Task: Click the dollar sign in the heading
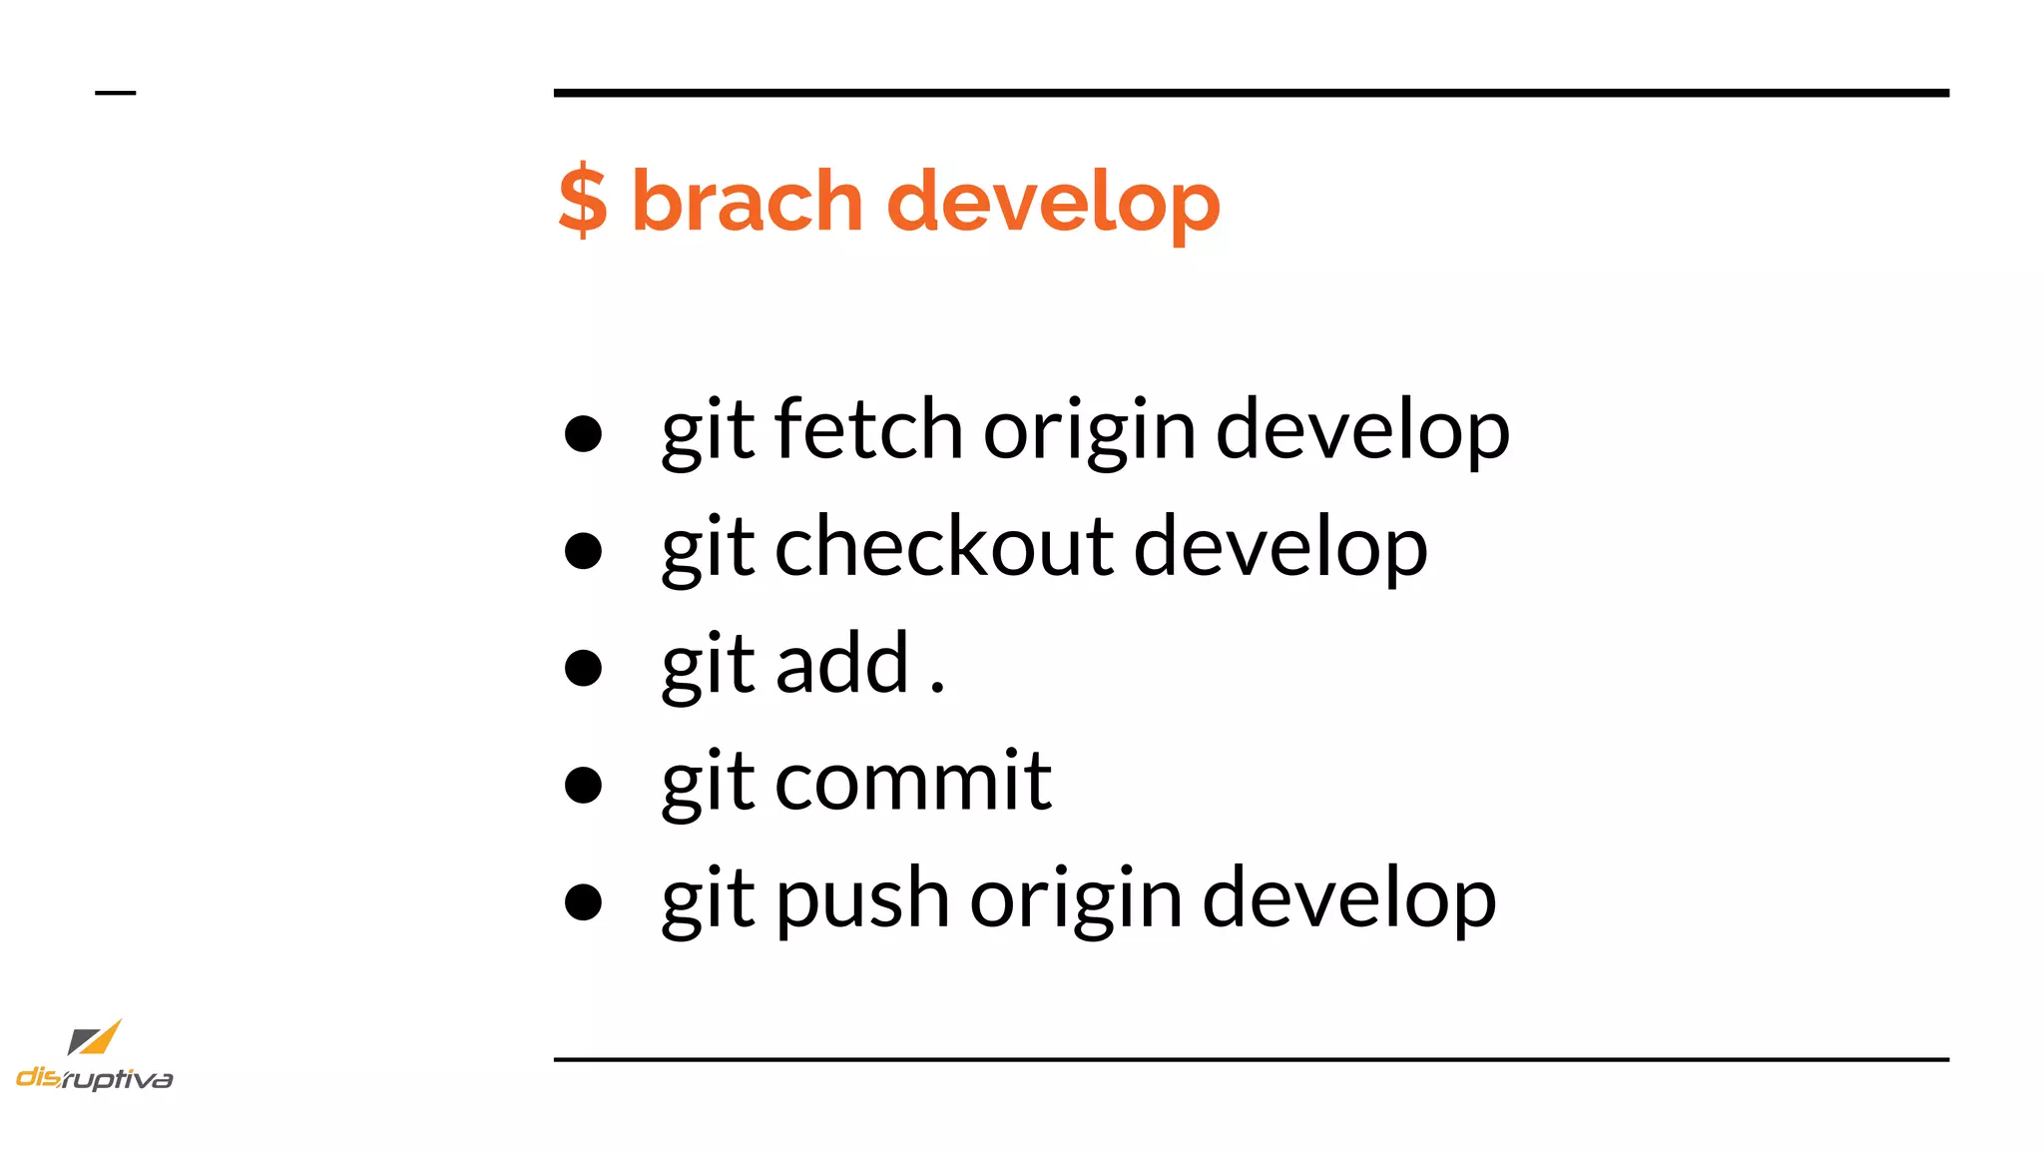pos(583,202)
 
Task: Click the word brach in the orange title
pos(747,202)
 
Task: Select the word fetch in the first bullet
pos(868,429)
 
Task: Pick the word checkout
pos(944,547)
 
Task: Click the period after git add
pos(937,688)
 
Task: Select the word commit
pos(912,782)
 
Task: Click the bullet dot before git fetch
pos(583,433)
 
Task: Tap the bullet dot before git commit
pos(583,785)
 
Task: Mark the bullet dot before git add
pos(583,668)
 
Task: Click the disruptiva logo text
pos(95,1078)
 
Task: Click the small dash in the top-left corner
pos(115,93)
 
